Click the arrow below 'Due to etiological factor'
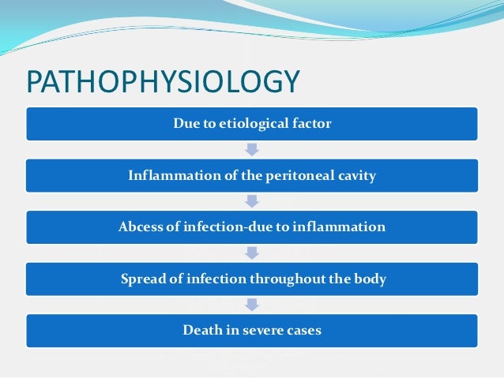(252, 149)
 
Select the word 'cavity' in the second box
(355, 175)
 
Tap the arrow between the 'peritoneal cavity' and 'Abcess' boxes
(252, 201)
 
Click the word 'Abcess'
(143, 227)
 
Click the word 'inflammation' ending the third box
(340, 227)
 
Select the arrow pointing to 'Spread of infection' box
(252, 253)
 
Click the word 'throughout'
(284, 279)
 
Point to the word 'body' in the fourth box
(370, 279)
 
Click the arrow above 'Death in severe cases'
(252, 305)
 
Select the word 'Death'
(201, 331)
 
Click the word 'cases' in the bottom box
(304, 331)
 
